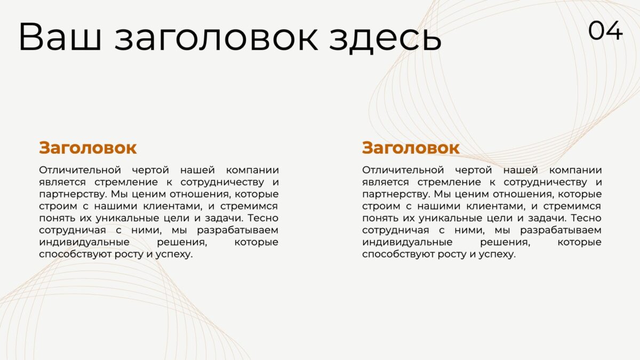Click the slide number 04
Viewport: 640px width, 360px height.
[x=605, y=30]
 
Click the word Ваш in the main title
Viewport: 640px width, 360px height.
[x=60, y=37]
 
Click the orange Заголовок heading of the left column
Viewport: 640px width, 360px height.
[x=87, y=148]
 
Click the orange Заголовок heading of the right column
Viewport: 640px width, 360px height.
[x=411, y=148]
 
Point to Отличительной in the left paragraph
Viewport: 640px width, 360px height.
[x=80, y=170]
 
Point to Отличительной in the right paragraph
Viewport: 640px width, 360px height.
[x=403, y=170]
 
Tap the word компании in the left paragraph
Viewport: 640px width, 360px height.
[x=252, y=171]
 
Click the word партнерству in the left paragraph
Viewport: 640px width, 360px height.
[x=73, y=195]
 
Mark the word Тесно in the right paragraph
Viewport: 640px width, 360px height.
[x=586, y=218]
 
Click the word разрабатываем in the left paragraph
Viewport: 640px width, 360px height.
[x=237, y=230]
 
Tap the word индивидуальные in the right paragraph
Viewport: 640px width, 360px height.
[x=407, y=243]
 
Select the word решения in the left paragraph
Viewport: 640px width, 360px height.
[x=182, y=243]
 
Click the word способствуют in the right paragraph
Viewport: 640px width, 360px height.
[x=398, y=254]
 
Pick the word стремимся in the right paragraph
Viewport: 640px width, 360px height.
[x=572, y=206]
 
